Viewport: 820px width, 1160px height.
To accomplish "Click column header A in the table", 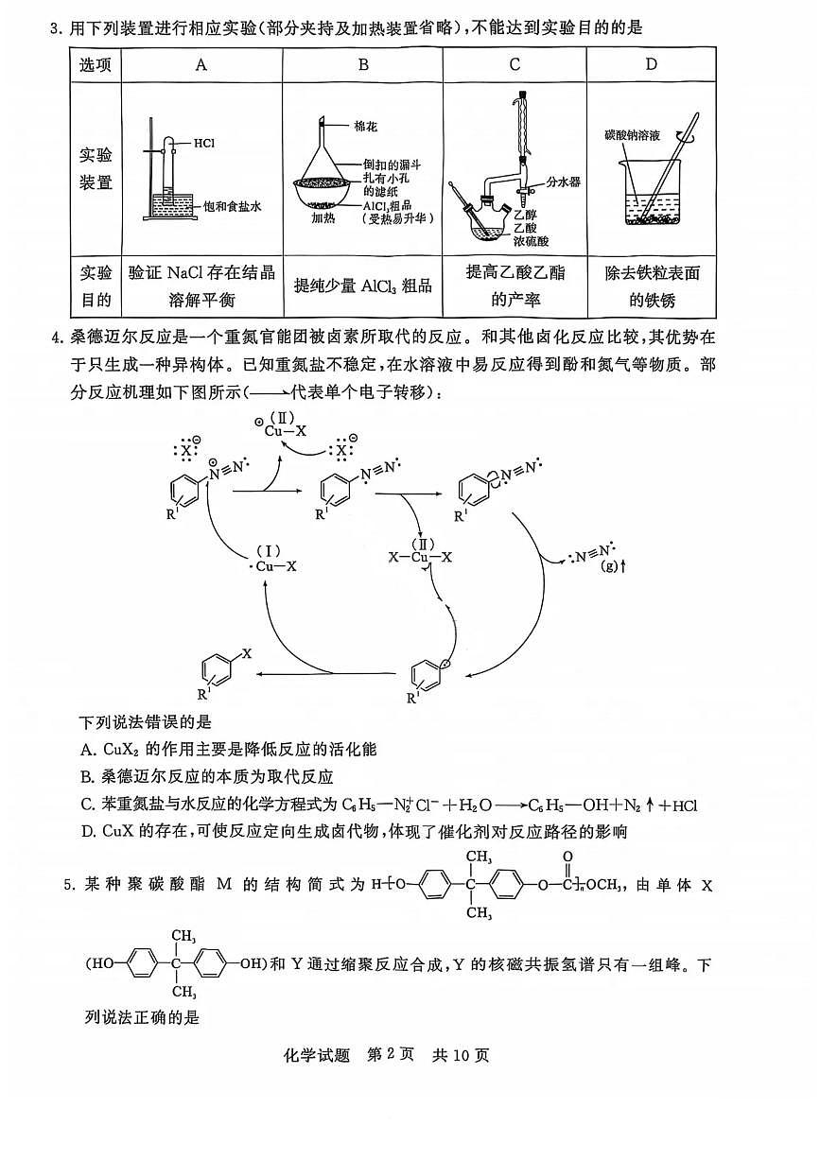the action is click(x=201, y=64).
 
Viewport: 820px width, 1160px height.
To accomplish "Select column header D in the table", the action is click(x=651, y=64).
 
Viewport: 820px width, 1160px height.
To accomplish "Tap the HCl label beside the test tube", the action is click(x=204, y=144).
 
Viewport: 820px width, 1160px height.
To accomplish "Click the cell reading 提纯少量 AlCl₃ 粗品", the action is click(x=362, y=286).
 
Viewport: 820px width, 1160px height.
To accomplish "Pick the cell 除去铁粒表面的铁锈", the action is click(x=651, y=286).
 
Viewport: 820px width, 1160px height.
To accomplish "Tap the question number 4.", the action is click(x=56, y=338).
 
